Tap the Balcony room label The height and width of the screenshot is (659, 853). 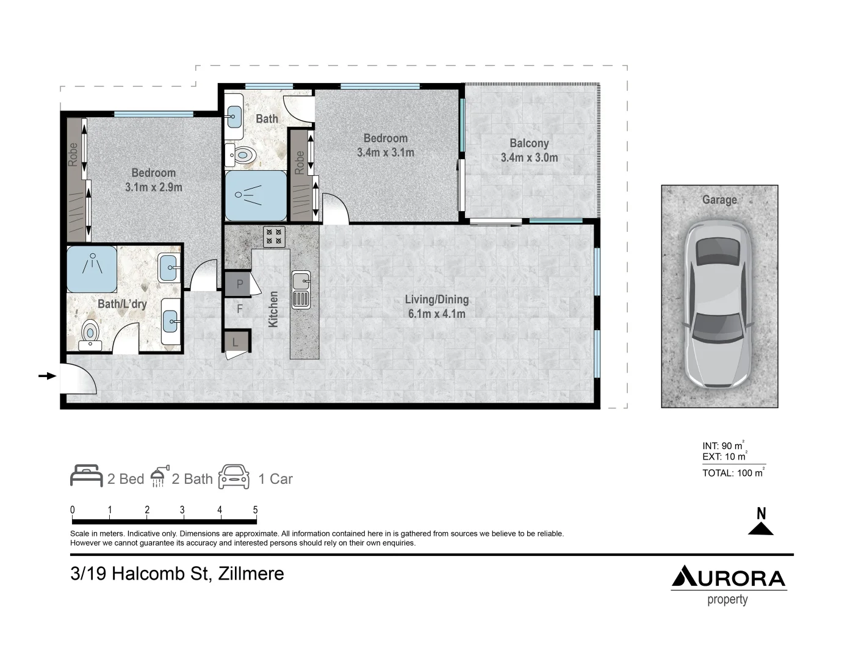tap(529, 143)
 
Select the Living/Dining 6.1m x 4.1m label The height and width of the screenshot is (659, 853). tap(436, 306)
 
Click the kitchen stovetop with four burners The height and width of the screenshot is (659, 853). tap(275, 237)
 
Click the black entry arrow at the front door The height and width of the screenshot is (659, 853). tap(47, 376)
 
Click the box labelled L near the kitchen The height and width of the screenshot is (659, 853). tap(236, 342)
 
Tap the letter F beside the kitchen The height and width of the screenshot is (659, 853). tap(240, 309)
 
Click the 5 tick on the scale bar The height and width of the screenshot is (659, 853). tap(255, 511)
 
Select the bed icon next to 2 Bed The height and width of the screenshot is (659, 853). tap(86, 476)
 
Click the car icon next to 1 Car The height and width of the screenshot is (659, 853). tap(234, 477)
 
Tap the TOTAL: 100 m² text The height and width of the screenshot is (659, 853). tap(733, 473)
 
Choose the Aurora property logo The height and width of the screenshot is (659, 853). tap(729, 585)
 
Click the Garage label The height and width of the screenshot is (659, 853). tap(719, 200)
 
